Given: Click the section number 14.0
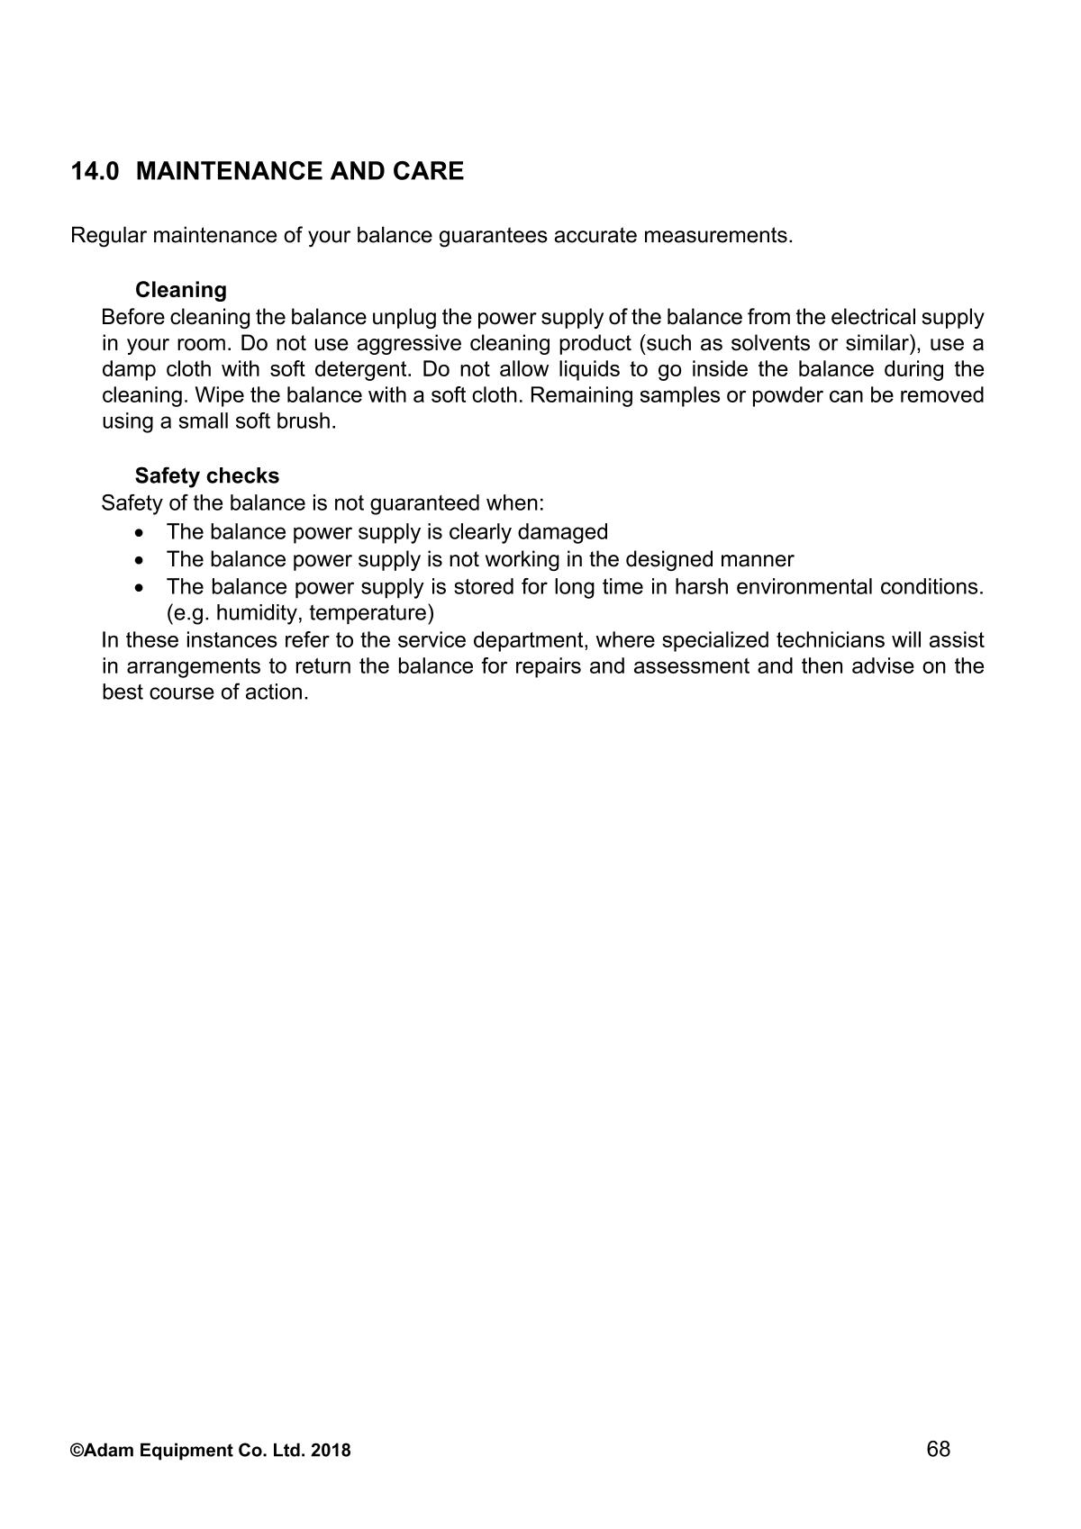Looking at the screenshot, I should pos(95,171).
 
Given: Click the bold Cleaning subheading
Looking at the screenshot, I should pos(180,290).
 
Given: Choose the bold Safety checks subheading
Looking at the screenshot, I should pos(207,475).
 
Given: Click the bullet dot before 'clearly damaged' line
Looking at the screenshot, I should pos(139,532).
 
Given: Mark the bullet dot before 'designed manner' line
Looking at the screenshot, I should pos(139,560).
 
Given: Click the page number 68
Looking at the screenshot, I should pos(938,1449).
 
